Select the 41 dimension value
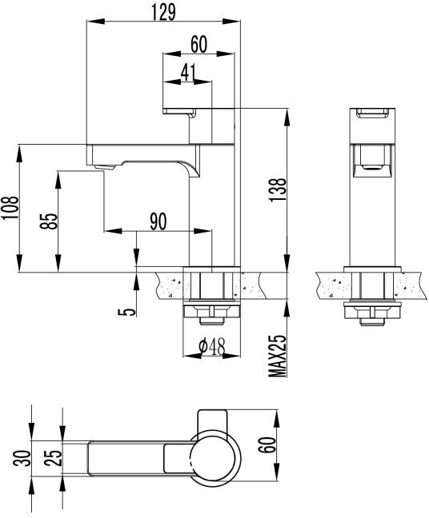click(188, 72)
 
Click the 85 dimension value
click(49, 221)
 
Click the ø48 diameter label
click(210, 347)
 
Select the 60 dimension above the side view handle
click(199, 45)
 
